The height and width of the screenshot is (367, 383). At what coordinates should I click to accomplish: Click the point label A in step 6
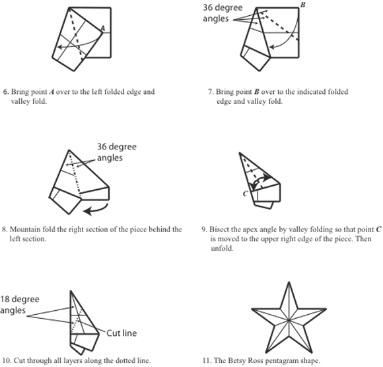(103, 28)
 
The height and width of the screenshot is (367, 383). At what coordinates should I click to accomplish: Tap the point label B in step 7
(302, 5)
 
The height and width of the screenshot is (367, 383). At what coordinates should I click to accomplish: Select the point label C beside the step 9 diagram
(246, 194)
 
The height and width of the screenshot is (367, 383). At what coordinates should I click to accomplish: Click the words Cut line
(122, 333)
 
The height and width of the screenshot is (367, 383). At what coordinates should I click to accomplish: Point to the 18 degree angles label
(20, 305)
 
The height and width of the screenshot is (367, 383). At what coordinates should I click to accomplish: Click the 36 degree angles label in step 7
(223, 13)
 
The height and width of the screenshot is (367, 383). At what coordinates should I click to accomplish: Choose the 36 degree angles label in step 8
(117, 152)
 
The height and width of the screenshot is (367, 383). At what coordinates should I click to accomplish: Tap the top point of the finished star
(289, 282)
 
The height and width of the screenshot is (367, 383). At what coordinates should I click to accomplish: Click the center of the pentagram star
(289, 320)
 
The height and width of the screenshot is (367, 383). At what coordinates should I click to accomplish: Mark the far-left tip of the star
(252, 309)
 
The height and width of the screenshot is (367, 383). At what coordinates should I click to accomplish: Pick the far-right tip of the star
(326, 309)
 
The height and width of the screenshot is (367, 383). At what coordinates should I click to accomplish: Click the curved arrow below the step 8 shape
(98, 210)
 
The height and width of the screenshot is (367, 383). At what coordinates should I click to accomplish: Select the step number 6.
(6, 92)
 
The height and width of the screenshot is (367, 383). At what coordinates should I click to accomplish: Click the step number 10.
(7, 360)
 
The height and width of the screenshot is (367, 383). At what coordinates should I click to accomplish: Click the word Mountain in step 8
(24, 229)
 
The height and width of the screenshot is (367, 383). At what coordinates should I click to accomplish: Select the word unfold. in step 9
(222, 248)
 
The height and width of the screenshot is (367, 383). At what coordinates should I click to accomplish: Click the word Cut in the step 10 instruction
(19, 360)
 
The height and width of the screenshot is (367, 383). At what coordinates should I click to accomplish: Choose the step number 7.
(211, 92)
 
